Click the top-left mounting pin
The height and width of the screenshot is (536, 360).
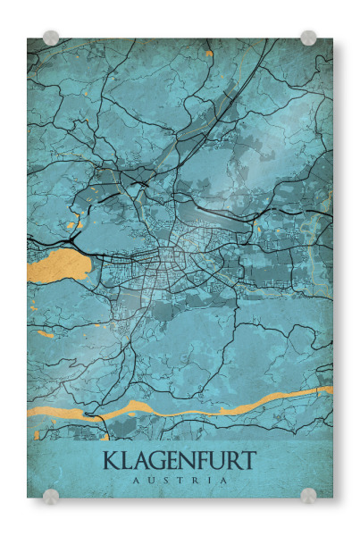51,38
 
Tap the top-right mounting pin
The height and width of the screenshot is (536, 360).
308,38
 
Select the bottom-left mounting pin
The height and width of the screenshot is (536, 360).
51,496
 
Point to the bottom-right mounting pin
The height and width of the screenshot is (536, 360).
308,496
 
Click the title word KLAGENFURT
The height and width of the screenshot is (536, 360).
180,461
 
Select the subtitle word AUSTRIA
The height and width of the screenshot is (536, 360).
180,480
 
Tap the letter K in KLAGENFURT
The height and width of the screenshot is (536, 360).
112,461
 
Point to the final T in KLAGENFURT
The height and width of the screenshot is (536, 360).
248,461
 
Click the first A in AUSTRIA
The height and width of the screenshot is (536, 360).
135,480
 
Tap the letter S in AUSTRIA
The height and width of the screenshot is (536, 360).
165,480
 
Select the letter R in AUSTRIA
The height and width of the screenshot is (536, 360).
195,480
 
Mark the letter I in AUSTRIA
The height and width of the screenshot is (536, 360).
209,480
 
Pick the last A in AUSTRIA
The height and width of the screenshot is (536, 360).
223,480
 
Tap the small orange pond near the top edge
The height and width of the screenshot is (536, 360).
209,54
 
